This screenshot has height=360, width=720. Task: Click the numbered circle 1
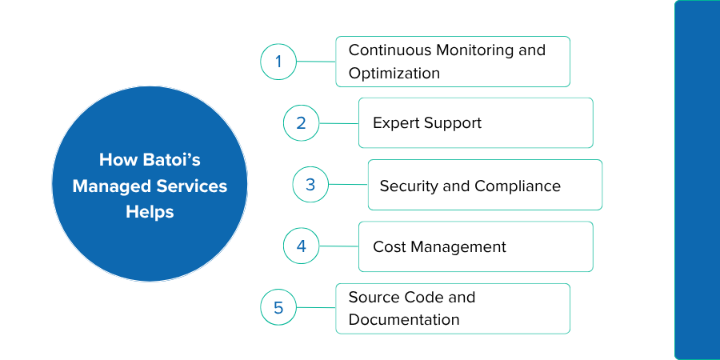[x=278, y=62]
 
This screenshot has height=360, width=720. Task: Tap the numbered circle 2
[x=302, y=123]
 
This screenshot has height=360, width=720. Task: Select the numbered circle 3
[x=311, y=185]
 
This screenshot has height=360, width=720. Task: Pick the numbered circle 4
[x=302, y=246]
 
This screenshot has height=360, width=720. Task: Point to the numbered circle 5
[x=278, y=308]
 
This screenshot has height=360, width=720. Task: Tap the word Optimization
[x=394, y=74]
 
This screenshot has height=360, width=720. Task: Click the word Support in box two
[x=452, y=123]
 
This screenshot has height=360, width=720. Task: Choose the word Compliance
[x=518, y=186]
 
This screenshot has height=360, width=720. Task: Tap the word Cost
[x=390, y=247]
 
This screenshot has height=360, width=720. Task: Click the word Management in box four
[x=458, y=247]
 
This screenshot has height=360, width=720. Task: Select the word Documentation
[x=404, y=319]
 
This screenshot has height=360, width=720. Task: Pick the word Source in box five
[x=372, y=297]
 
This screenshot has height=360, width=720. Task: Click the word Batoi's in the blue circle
[x=171, y=160]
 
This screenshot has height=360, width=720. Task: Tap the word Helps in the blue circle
[x=150, y=212]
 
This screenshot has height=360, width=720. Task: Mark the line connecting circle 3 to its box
[x=349, y=185]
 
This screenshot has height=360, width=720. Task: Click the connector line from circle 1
[x=316, y=62]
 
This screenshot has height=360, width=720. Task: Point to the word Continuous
[x=390, y=50]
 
